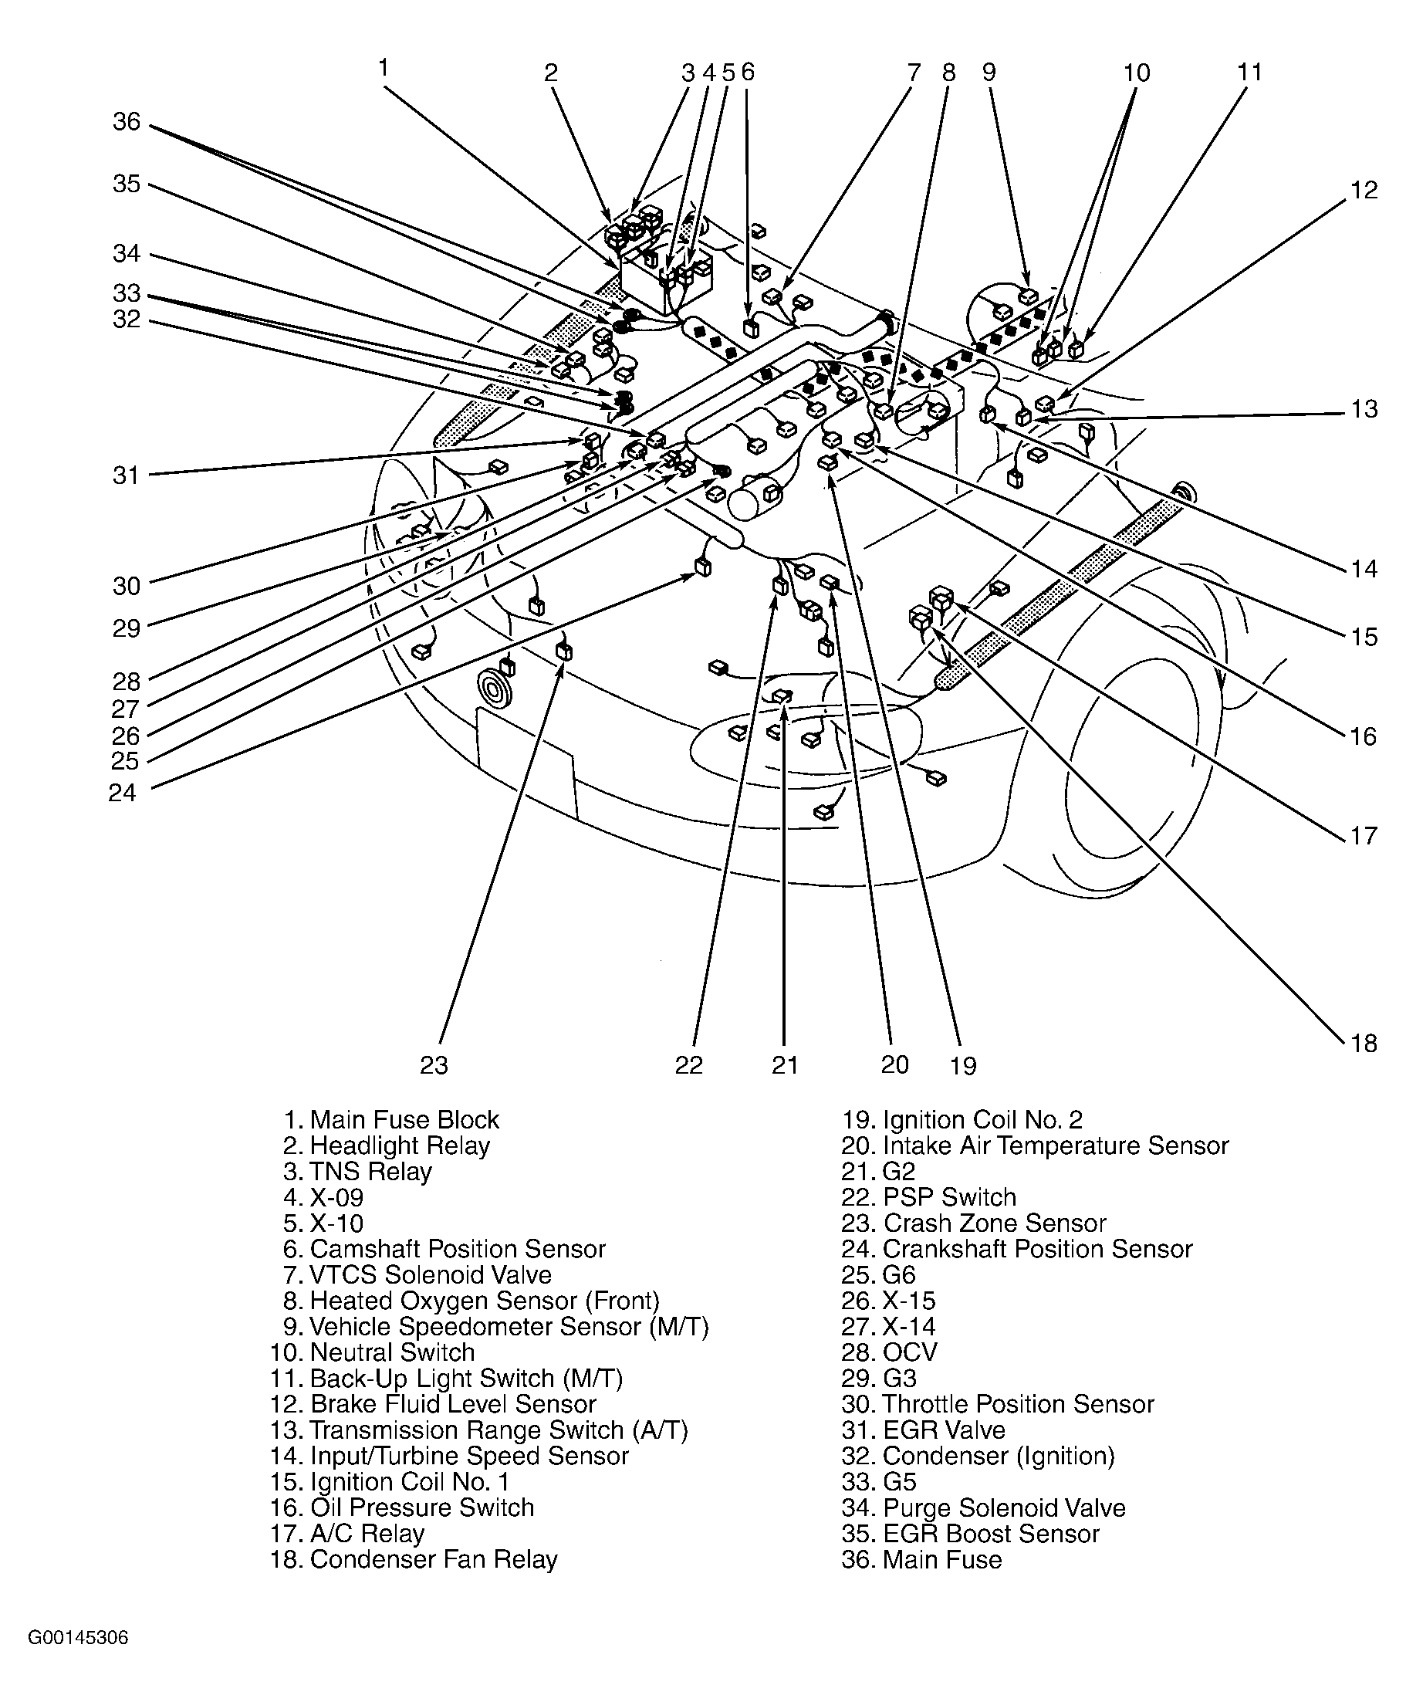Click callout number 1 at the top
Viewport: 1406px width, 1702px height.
click(383, 67)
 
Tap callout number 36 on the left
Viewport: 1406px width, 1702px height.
click(127, 121)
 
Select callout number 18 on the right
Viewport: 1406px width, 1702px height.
click(1364, 1043)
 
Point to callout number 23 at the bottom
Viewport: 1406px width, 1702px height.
click(434, 1064)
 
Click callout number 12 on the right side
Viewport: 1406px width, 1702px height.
click(1364, 190)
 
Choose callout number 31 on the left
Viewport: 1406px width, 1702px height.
click(126, 475)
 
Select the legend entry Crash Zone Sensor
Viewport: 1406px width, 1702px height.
click(994, 1223)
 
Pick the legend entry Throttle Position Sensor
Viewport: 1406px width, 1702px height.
click(1017, 1403)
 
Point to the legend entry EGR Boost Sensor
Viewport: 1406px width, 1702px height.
click(991, 1533)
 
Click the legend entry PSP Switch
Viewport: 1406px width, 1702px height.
click(948, 1196)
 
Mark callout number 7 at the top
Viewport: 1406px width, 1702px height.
click(914, 73)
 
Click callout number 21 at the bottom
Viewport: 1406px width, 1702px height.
click(785, 1064)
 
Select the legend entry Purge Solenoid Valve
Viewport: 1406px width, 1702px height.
click(1003, 1507)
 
